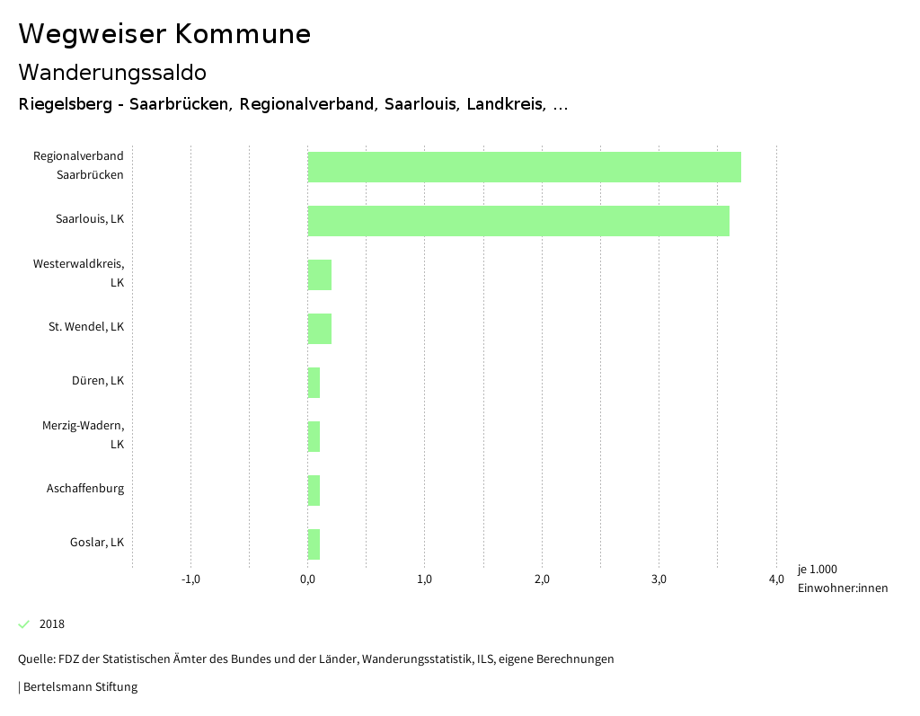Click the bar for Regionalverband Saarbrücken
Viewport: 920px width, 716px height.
(x=524, y=167)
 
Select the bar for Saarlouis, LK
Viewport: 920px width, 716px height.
(x=518, y=221)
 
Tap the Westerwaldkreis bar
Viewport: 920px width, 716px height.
(x=320, y=275)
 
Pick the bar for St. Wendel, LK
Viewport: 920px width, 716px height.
(x=320, y=329)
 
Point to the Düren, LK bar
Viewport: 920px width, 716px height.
(x=314, y=383)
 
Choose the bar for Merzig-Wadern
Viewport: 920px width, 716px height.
(x=314, y=437)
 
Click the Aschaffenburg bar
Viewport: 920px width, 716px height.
(x=314, y=491)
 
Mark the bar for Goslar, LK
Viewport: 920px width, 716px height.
(x=314, y=544)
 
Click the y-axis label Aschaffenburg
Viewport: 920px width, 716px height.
(x=85, y=489)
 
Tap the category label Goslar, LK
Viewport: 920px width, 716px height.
(x=97, y=543)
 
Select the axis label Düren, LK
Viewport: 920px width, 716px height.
(x=98, y=381)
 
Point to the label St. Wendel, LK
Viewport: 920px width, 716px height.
(x=86, y=327)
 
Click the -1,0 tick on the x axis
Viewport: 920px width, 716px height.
(x=190, y=579)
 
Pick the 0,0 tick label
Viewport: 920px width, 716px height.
(x=307, y=579)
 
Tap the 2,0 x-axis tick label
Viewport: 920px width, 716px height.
(x=542, y=579)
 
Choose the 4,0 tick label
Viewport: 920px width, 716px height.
(x=776, y=579)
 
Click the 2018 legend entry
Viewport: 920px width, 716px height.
(x=51, y=624)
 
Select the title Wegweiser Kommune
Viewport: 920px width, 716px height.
(x=164, y=34)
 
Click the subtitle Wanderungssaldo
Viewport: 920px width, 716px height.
(x=112, y=72)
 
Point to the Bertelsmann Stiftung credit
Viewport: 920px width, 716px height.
(x=79, y=687)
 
